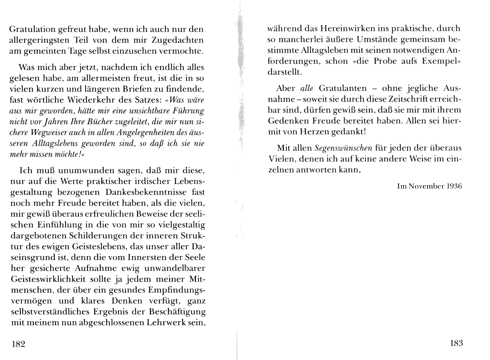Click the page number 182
pyautogui.click(x=18, y=344)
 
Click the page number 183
pyautogui.click(x=456, y=343)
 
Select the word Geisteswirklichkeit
pyautogui.click(x=53, y=279)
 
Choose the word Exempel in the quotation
pyautogui.click(x=443, y=61)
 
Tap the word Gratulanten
pyautogui.click(x=343, y=88)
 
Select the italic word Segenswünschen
pyautogui.click(x=343, y=148)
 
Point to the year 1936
pyautogui.click(x=454, y=186)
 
